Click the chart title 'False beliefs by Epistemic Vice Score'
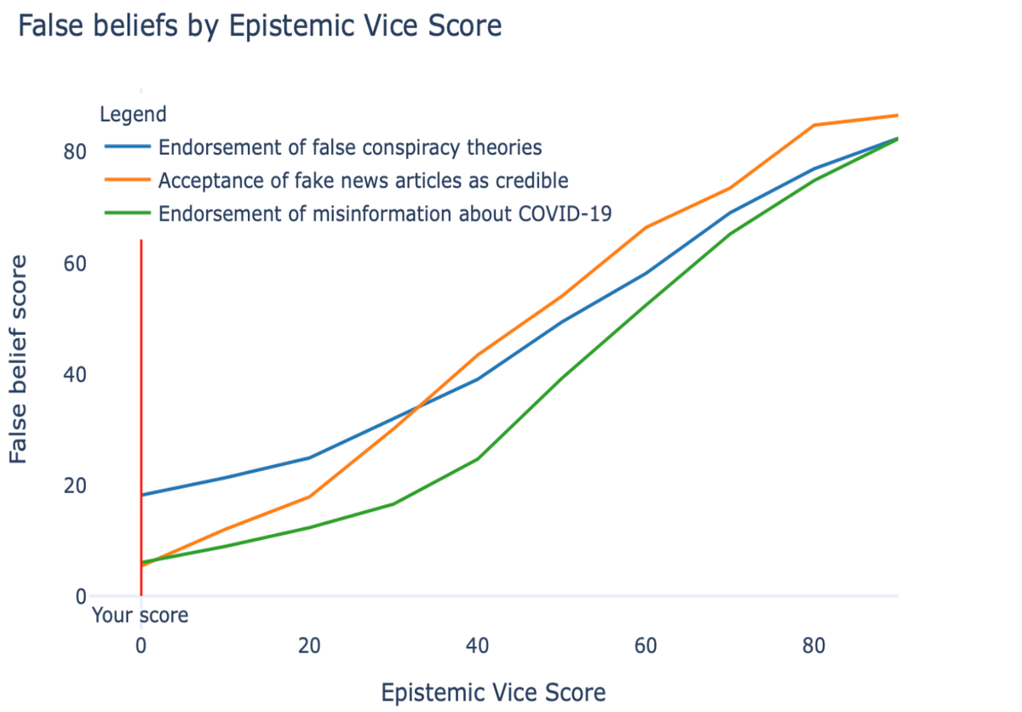coord(260,26)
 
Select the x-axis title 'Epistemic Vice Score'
coord(493,692)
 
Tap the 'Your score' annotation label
coord(140,615)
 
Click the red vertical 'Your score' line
coord(141,383)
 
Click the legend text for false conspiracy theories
coord(350,147)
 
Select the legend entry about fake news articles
coord(363,181)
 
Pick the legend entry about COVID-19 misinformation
coord(385,214)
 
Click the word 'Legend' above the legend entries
coord(133,113)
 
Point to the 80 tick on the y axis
coord(75,152)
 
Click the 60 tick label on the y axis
coord(75,263)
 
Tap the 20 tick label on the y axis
coord(75,485)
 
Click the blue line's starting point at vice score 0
coord(141,495)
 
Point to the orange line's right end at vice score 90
coord(897,115)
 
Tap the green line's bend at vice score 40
coord(477,459)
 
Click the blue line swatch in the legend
coord(128,147)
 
